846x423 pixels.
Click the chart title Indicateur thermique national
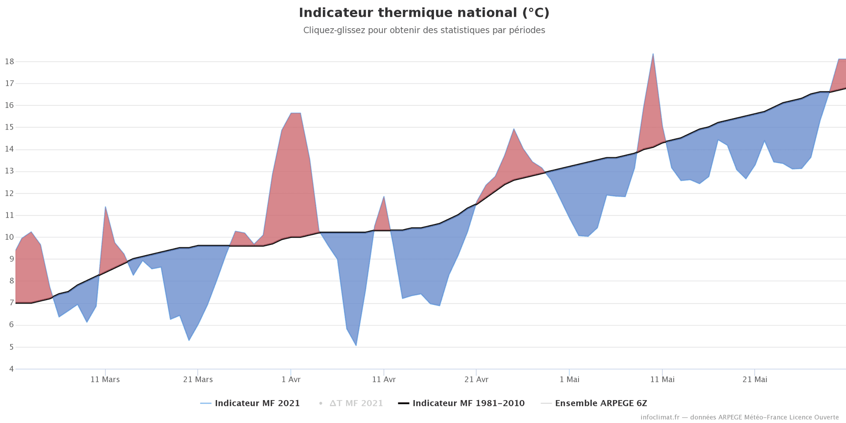click(424, 13)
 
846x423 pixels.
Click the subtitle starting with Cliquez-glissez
click(424, 30)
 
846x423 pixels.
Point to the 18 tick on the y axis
click(9, 62)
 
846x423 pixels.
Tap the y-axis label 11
click(9, 215)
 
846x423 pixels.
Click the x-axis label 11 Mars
click(105, 380)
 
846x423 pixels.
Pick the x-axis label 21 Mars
click(198, 380)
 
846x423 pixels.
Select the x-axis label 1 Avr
click(291, 380)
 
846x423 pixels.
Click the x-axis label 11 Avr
click(383, 380)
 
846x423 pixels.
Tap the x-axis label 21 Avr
click(476, 380)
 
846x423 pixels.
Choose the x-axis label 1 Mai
click(569, 380)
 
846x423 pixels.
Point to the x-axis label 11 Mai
click(662, 380)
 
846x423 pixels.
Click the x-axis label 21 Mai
click(755, 380)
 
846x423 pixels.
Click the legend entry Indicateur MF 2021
click(257, 404)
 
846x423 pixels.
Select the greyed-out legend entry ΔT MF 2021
click(356, 404)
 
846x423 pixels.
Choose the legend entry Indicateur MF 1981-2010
click(468, 404)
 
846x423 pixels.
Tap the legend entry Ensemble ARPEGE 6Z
click(601, 404)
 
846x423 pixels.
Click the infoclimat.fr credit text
click(739, 417)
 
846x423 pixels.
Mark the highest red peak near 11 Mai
click(653, 54)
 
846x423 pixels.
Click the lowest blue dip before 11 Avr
click(356, 345)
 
